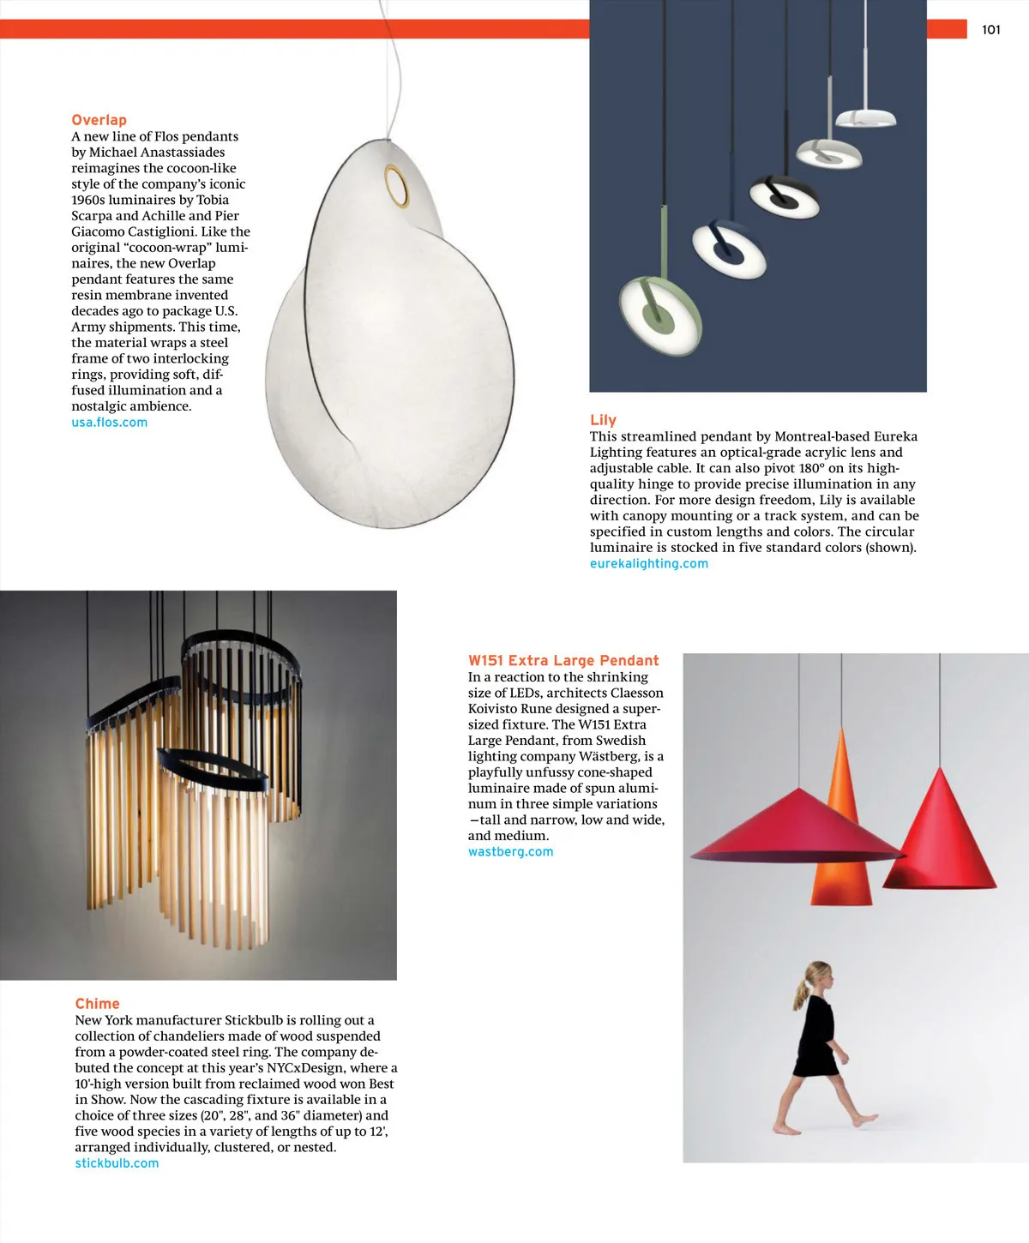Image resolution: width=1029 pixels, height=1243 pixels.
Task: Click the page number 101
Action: pyautogui.click(x=990, y=30)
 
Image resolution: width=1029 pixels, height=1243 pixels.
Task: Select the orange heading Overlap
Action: pyautogui.click(x=99, y=120)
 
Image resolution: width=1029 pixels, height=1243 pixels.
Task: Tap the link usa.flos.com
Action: pyautogui.click(x=109, y=422)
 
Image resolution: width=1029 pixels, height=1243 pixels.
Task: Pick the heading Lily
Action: pyautogui.click(x=603, y=419)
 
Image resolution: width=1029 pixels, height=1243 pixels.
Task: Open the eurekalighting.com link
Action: pyautogui.click(x=648, y=563)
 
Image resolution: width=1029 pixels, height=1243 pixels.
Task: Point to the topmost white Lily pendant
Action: pyautogui.click(x=866, y=117)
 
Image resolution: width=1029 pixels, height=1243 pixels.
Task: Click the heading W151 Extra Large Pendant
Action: pyautogui.click(x=563, y=660)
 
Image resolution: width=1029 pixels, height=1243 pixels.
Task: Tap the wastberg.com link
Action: pyautogui.click(x=510, y=851)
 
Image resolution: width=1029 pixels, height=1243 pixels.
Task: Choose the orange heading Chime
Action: pyautogui.click(x=97, y=1003)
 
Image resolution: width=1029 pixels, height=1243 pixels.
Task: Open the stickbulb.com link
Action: pyautogui.click(x=117, y=1163)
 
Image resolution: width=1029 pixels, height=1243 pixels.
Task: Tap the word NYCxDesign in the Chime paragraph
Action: pyautogui.click(x=304, y=1068)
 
